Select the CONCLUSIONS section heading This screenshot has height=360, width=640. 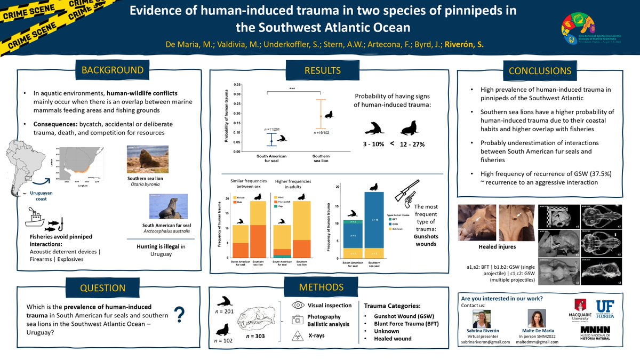point(540,70)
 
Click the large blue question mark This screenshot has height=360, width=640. point(180,315)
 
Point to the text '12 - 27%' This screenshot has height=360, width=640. point(413,145)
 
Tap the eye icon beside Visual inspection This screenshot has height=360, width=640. point(299,306)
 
